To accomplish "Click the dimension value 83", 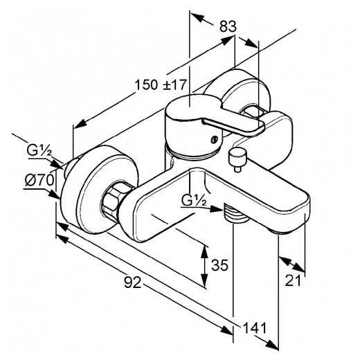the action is (228, 26).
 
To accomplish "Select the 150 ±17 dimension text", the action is (160, 84).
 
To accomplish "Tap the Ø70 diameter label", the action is (39, 180).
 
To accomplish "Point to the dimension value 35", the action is (219, 265).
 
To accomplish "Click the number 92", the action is (132, 282).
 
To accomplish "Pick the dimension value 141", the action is (255, 327).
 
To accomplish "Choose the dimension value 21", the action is (293, 280).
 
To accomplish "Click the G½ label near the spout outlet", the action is (194, 200).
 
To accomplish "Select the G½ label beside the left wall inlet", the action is (39, 150).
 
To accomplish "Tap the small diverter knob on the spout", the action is (237, 159).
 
